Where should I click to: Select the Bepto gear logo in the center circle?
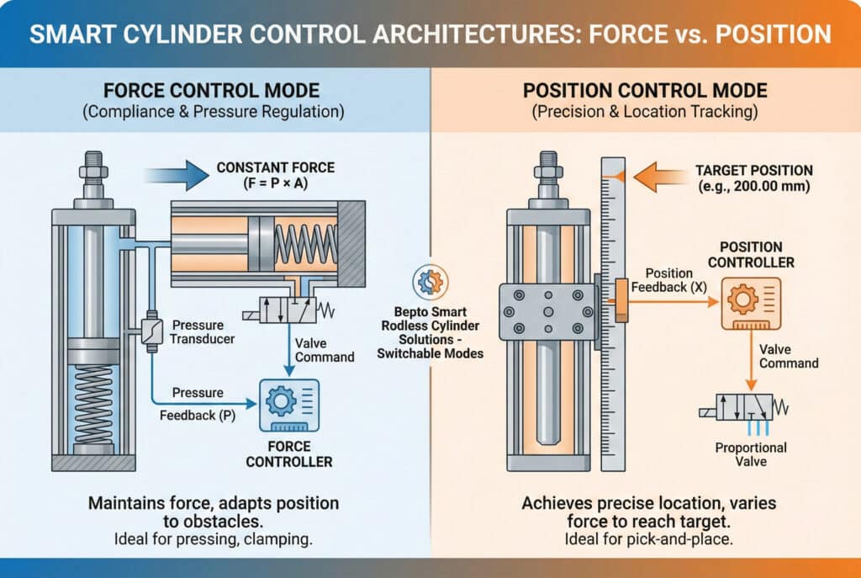point(430,283)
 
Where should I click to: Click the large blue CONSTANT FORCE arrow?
point(177,176)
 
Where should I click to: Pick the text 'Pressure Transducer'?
point(201,331)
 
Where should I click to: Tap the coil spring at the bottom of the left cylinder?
point(93,403)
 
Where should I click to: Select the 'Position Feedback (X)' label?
point(669,279)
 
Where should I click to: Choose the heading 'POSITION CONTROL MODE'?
point(646,91)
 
